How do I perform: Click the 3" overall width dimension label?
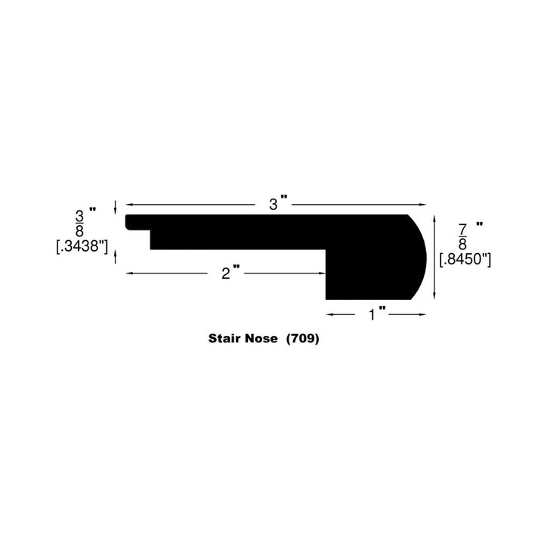tap(280, 203)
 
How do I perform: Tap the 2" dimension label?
tap(230, 273)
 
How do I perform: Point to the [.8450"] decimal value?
tap(465, 259)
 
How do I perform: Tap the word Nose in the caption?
tap(264, 340)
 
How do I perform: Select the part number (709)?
tap(303, 340)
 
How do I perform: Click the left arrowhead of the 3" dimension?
tap(128, 205)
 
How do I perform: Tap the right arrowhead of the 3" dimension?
tap(423, 205)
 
